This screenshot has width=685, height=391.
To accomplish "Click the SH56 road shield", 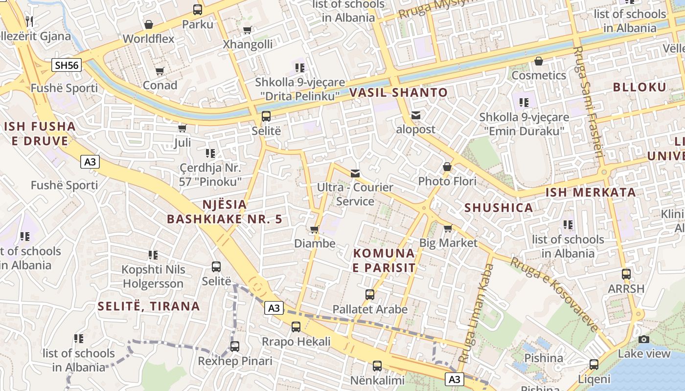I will [x=67, y=65].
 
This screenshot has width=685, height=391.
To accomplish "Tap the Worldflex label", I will [x=148, y=39].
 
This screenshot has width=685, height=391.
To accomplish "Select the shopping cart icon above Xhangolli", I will [x=248, y=30].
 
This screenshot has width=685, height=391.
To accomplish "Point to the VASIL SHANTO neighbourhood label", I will [x=398, y=92].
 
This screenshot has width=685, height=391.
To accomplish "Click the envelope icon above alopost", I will [x=416, y=115].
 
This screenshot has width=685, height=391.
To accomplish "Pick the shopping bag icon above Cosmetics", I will [x=539, y=61].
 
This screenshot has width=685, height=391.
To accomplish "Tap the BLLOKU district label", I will [x=639, y=87].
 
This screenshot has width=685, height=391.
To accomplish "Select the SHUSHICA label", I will [x=499, y=208].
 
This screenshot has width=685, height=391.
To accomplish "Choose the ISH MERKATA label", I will [x=591, y=192].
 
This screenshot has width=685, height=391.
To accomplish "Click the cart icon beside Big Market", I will [x=448, y=228].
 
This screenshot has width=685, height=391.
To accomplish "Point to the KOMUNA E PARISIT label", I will [x=384, y=261].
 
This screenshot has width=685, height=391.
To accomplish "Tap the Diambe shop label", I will [x=315, y=243].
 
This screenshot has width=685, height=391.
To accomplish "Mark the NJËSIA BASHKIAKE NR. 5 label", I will [x=225, y=212].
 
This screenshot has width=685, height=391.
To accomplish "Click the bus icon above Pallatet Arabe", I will [x=370, y=295].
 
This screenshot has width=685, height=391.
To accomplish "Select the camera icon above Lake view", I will [x=644, y=339].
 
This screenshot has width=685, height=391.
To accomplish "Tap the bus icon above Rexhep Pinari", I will [x=235, y=347].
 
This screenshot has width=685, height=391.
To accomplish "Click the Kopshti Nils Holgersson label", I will [x=153, y=277].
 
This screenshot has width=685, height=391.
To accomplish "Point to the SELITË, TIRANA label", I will [x=149, y=306].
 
